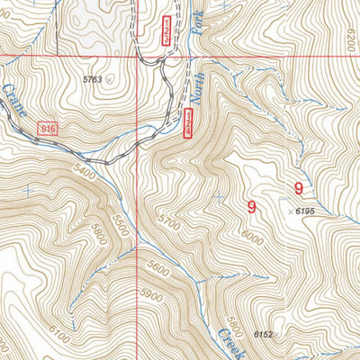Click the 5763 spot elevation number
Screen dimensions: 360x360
(x=93, y=79)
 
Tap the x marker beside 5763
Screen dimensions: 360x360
(x=110, y=79)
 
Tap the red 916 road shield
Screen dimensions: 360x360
(x=49, y=130)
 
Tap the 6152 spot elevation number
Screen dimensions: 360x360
(x=263, y=334)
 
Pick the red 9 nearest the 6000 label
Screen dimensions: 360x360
(x=251, y=206)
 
